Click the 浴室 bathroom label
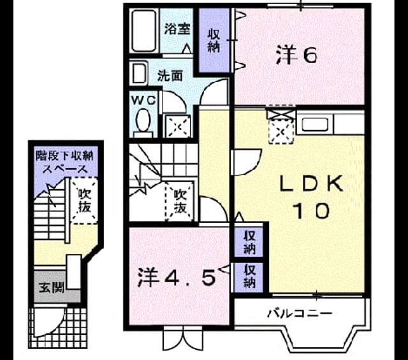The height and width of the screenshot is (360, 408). click(x=177, y=29)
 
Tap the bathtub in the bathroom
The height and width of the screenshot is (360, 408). click(x=143, y=31)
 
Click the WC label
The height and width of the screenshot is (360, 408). click(x=144, y=101)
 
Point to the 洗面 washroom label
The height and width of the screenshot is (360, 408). click(x=170, y=76)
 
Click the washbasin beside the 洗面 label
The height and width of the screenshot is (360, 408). click(x=138, y=73)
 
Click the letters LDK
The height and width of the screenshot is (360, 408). click(x=311, y=184)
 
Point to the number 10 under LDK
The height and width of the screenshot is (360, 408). click(x=312, y=210)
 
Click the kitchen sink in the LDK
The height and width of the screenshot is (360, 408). click(x=315, y=124)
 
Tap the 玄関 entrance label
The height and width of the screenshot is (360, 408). click(x=52, y=288)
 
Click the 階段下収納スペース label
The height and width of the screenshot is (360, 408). click(x=64, y=162)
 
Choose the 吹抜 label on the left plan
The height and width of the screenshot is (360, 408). click(x=85, y=201)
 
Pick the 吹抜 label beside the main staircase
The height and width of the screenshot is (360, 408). click(x=180, y=201)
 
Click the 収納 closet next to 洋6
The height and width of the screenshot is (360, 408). click(x=214, y=40)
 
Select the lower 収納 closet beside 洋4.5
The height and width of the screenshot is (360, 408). click(x=249, y=277)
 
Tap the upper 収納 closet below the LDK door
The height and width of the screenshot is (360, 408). click(x=249, y=243)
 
